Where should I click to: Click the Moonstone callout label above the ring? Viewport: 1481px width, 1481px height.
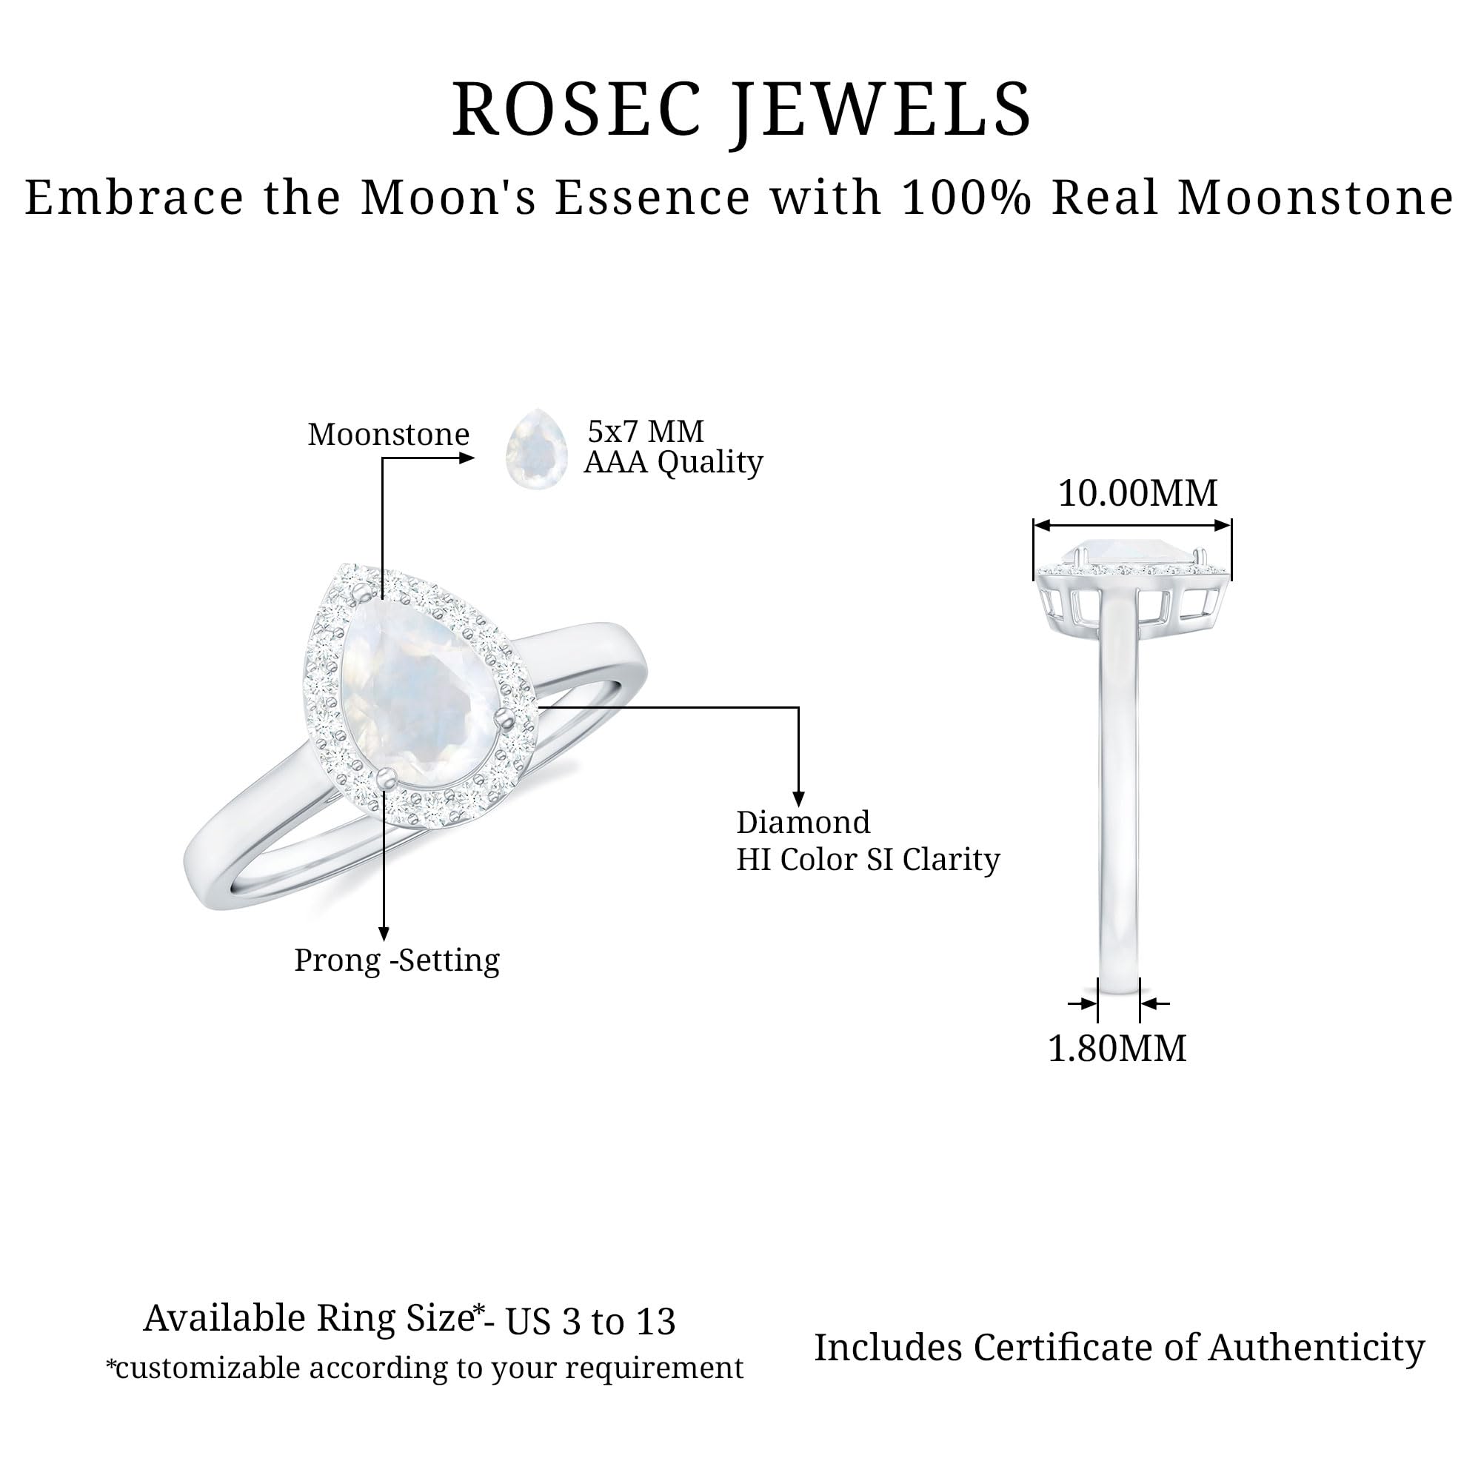tap(389, 435)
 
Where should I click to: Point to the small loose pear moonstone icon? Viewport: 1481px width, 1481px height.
tap(537, 449)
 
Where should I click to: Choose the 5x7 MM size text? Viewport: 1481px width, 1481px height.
tap(646, 432)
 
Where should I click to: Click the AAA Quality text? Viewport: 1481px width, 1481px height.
tap(673, 463)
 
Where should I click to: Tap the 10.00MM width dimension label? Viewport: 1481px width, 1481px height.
tap(1137, 493)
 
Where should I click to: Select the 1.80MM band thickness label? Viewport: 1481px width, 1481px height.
tap(1117, 1048)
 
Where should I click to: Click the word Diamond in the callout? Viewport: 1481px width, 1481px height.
tap(803, 823)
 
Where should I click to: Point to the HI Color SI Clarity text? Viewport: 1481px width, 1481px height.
tap(868, 860)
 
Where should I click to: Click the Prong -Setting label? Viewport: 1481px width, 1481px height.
tap(397, 960)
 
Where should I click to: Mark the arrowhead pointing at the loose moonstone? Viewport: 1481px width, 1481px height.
tap(467, 458)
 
